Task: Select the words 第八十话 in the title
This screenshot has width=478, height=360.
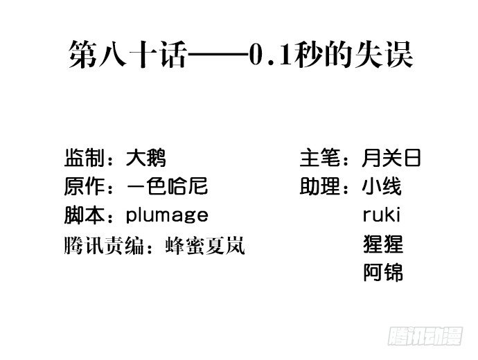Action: [127, 55]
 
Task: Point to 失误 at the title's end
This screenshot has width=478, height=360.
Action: [384, 55]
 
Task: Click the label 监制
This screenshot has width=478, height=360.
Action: [85, 158]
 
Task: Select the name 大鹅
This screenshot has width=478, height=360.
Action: [146, 158]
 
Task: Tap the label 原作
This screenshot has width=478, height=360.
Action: [85, 186]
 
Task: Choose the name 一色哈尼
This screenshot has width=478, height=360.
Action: [168, 186]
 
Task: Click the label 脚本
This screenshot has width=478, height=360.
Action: [85, 215]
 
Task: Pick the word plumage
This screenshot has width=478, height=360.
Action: [167, 216]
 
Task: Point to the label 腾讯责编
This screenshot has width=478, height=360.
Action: [104, 246]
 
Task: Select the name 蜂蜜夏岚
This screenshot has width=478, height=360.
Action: [205, 246]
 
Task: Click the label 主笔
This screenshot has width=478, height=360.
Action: [320, 158]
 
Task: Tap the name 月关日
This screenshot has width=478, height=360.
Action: [391, 158]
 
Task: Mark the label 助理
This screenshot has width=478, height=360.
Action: [320, 186]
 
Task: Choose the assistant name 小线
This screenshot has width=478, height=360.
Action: [382, 186]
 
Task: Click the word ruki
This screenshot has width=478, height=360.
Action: [382, 215]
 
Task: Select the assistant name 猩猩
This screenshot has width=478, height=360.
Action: [383, 244]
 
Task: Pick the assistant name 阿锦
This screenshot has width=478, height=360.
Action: [383, 272]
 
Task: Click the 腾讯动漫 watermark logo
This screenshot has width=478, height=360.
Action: [425, 336]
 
